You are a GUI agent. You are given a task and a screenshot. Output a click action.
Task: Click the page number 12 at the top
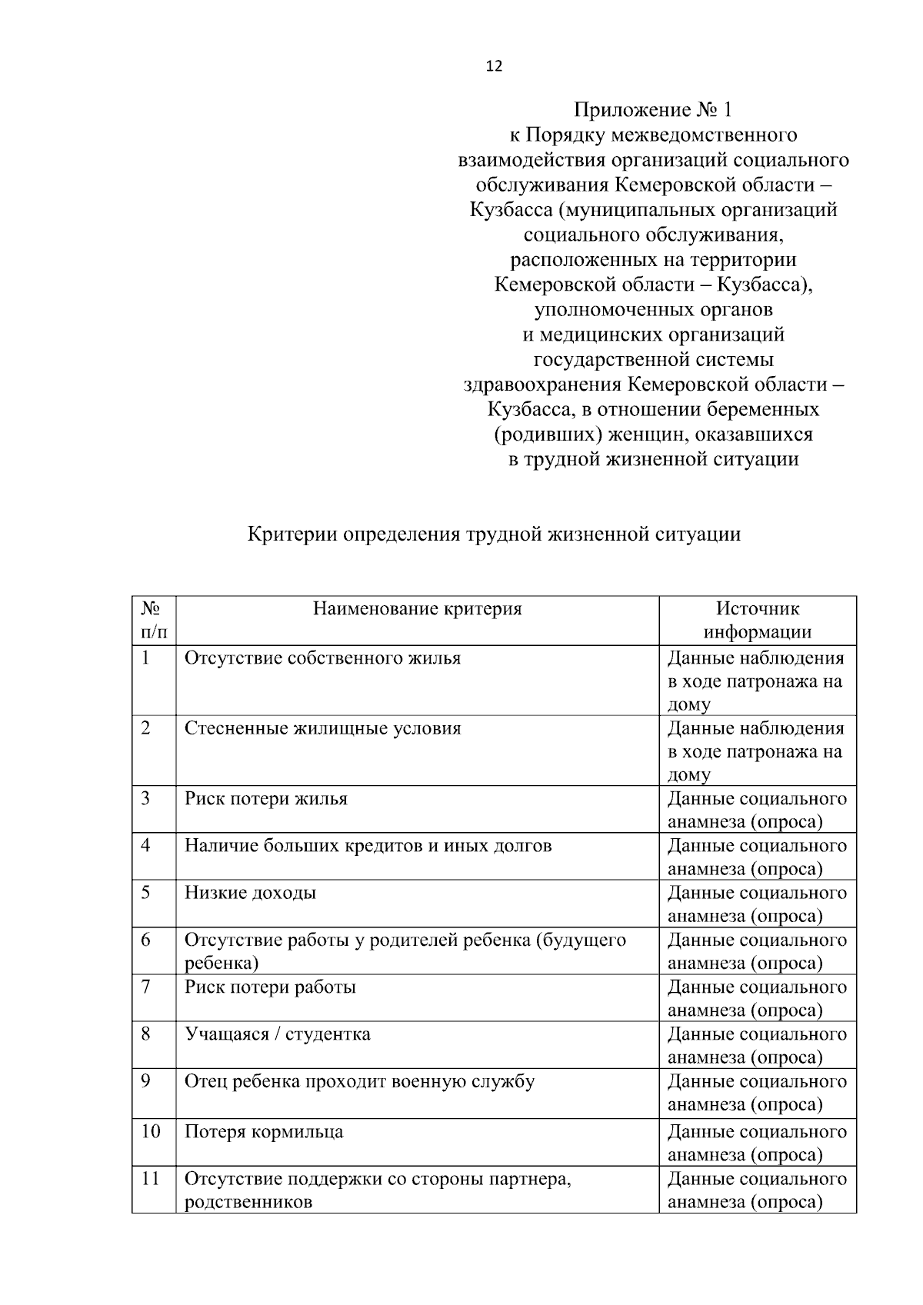(x=494, y=67)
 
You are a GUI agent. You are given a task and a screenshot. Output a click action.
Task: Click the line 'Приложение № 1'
(x=653, y=110)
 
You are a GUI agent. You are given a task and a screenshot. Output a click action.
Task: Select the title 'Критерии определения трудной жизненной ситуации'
(x=494, y=534)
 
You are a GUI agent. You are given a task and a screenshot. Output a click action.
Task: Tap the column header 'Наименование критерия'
(x=417, y=609)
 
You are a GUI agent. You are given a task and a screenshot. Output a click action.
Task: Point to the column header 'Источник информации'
(x=758, y=620)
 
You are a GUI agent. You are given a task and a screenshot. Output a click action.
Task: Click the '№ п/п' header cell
(x=153, y=620)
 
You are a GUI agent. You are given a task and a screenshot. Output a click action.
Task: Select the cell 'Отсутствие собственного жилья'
(x=322, y=658)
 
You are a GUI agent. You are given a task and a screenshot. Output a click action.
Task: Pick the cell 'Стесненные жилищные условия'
(x=322, y=728)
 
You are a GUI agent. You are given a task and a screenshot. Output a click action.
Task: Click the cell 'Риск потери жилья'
(x=265, y=798)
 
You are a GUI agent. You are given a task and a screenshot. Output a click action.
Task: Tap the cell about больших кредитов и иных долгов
(x=368, y=846)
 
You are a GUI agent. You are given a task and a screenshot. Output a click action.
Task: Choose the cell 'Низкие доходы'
(x=250, y=893)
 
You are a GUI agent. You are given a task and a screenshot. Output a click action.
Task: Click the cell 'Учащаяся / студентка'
(x=277, y=1034)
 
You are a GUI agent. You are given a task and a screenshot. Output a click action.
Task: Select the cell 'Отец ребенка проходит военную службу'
(x=359, y=1081)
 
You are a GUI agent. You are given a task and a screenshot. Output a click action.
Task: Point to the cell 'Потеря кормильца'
(x=264, y=1132)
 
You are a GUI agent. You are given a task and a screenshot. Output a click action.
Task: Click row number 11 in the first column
(x=151, y=1179)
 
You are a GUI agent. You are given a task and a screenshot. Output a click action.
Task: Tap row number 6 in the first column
(x=146, y=940)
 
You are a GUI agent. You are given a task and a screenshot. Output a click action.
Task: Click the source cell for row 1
(x=756, y=681)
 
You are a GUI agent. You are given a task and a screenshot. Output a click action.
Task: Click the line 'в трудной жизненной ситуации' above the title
(x=653, y=460)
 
